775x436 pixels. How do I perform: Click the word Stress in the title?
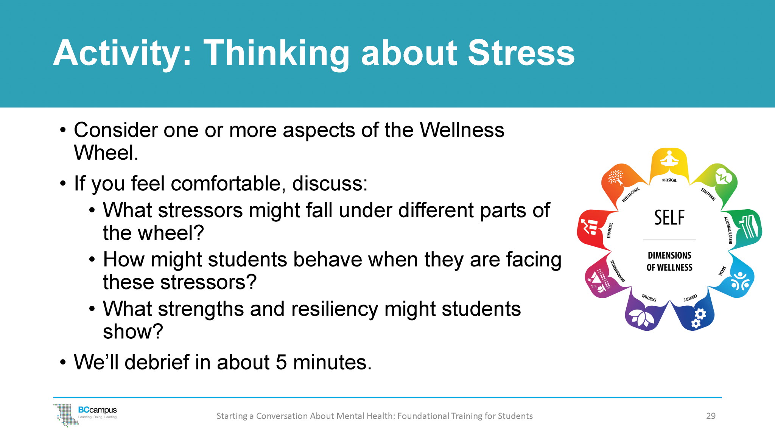(521, 53)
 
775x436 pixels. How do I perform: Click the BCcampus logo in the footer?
(86, 414)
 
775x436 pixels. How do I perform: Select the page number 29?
(711, 416)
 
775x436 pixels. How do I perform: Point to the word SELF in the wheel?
(669, 218)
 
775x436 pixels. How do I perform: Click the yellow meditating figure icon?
(669, 159)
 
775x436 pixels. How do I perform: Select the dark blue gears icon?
(698, 318)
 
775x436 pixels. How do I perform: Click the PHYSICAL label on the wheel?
(669, 180)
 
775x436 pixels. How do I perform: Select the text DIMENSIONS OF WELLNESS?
(669, 262)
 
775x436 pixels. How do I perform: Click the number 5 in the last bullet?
(281, 362)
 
